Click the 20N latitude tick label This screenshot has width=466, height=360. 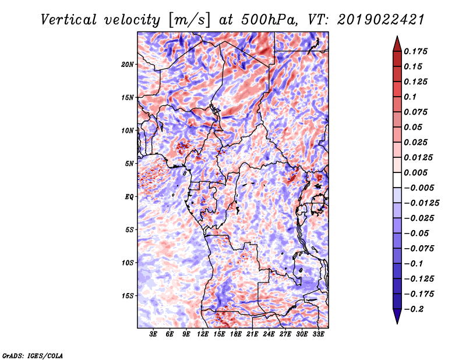coord(128,65)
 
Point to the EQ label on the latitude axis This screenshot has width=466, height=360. coord(129,197)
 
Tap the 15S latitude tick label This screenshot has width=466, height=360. coord(128,296)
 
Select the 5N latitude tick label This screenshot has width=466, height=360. coord(129,164)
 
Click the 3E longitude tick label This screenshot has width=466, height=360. coord(153,334)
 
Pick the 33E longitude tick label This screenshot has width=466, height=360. coord(318,334)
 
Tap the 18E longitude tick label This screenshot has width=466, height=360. coord(236,334)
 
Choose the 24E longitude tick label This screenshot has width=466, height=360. coord(269,334)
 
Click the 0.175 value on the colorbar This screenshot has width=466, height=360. coord(415,51)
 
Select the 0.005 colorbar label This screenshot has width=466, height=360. coord(415,172)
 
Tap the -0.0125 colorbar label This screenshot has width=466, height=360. coord(421,203)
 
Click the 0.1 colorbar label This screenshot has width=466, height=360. coord(410,97)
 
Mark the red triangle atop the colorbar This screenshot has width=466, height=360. coord(397,44)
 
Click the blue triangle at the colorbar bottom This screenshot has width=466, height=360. coord(397,316)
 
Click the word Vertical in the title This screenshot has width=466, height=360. coord(69,20)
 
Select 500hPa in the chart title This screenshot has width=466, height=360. coord(269,20)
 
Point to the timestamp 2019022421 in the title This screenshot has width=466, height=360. coord(380,20)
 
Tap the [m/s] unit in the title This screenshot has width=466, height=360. coord(189,20)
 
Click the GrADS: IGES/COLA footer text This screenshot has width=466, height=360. coord(33,356)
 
